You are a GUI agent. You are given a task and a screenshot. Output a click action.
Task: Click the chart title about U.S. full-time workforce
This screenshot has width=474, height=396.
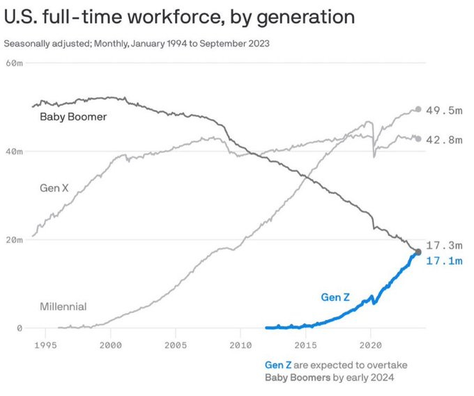coord(179,16)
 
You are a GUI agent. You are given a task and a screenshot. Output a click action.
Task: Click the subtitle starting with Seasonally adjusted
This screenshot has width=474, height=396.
coord(137,43)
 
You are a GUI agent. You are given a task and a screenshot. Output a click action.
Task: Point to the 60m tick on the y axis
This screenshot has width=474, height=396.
coord(15,63)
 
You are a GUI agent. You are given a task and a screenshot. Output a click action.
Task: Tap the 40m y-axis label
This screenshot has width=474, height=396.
coord(15,151)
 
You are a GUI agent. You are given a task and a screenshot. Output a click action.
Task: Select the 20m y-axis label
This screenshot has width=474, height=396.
coord(15,239)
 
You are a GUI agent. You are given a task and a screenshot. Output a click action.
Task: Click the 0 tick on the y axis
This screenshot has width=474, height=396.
coord(20,328)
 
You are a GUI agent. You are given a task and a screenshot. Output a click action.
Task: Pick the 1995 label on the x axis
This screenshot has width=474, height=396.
coord(45,344)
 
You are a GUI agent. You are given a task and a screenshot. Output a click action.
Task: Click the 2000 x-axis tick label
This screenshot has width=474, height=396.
coord(110,344)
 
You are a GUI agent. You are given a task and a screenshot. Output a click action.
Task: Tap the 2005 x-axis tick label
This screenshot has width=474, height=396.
coord(176,344)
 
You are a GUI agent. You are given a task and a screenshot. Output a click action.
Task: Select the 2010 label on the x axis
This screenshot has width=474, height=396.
coord(240,344)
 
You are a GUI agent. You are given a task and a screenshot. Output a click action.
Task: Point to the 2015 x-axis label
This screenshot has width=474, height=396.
coord(305,344)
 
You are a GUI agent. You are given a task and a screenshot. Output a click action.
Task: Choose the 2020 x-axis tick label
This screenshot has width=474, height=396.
coord(370,344)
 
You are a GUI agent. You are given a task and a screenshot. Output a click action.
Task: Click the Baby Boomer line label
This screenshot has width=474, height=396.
coord(73,117)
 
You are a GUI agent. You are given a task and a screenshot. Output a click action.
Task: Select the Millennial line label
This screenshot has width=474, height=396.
coord(63,306)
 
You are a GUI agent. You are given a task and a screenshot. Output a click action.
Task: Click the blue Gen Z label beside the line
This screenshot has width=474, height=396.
coord(335,297)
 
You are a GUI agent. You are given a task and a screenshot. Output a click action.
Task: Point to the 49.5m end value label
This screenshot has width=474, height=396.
coord(444,110)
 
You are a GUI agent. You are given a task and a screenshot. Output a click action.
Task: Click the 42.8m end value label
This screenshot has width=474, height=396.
coord(444,140)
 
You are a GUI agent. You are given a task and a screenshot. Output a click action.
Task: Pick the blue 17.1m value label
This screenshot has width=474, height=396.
coord(444,261)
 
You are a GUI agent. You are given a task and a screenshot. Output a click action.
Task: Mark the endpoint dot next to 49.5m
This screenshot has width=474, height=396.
coord(418,109)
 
